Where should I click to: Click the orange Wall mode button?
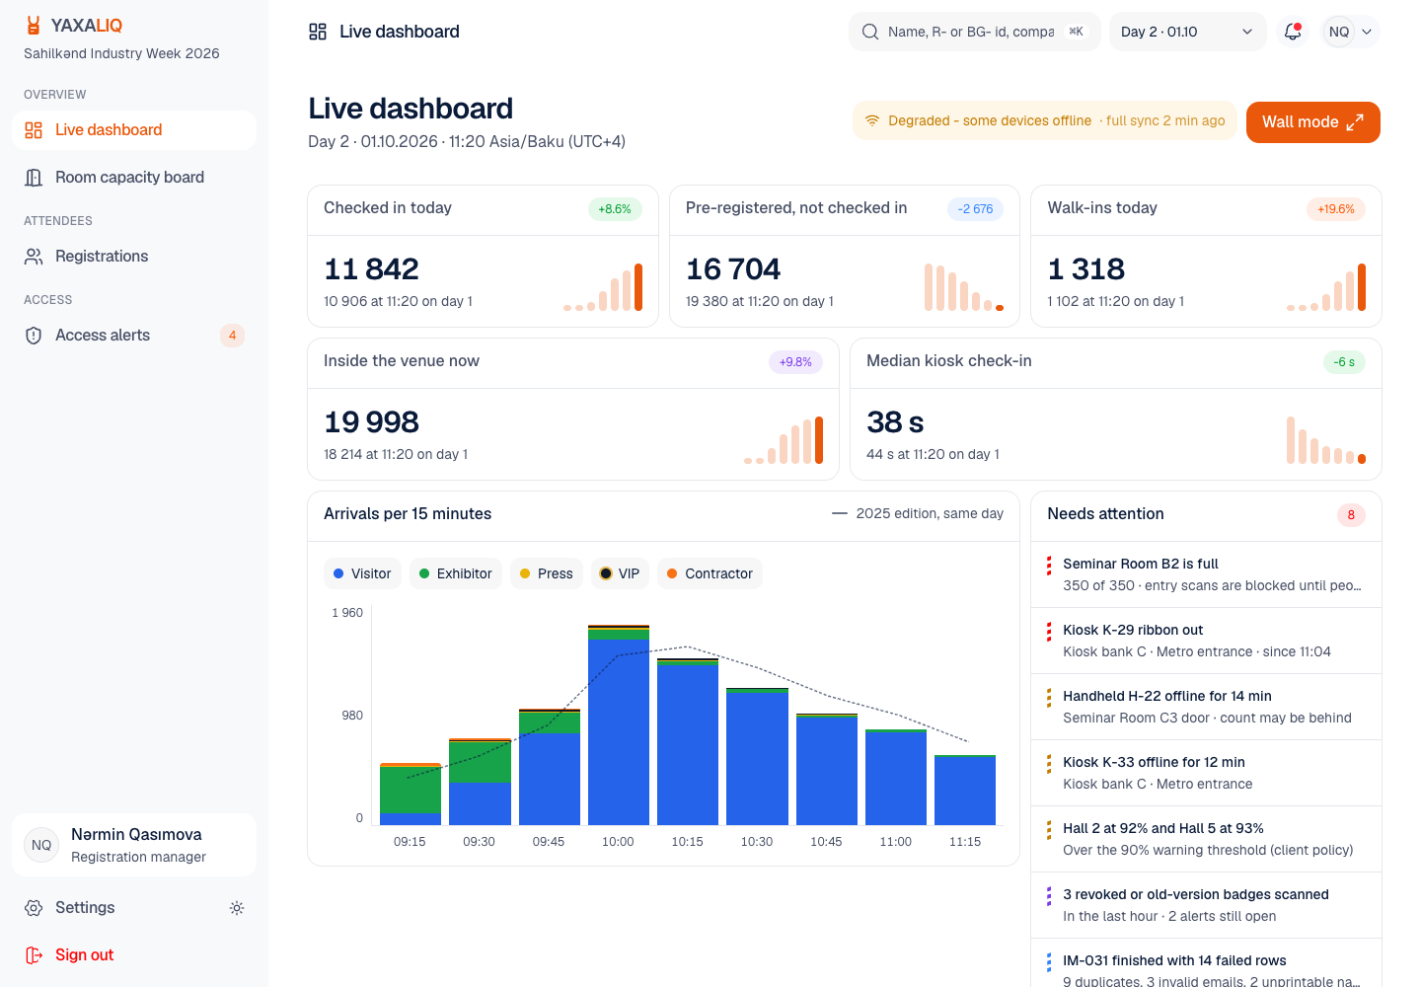pos(1312,121)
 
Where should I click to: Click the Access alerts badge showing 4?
pos(232,335)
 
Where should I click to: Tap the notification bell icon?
pos(1293,32)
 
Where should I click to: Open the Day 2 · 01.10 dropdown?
pos(1186,32)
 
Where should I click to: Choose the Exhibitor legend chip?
pos(456,573)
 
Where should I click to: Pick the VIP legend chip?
pos(620,573)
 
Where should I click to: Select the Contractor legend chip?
pos(710,573)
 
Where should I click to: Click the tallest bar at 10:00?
pos(619,725)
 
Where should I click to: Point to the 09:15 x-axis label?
pos(410,842)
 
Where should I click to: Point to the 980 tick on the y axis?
pos(352,716)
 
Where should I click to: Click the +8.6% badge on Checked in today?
pos(615,209)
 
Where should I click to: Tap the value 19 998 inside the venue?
pos(372,422)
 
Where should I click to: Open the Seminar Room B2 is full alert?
pos(1205,574)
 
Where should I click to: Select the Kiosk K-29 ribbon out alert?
pos(1205,641)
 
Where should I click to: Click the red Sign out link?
pos(84,954)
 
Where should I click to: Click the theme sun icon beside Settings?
pos(237,908)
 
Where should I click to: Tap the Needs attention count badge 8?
pos(1351,515)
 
